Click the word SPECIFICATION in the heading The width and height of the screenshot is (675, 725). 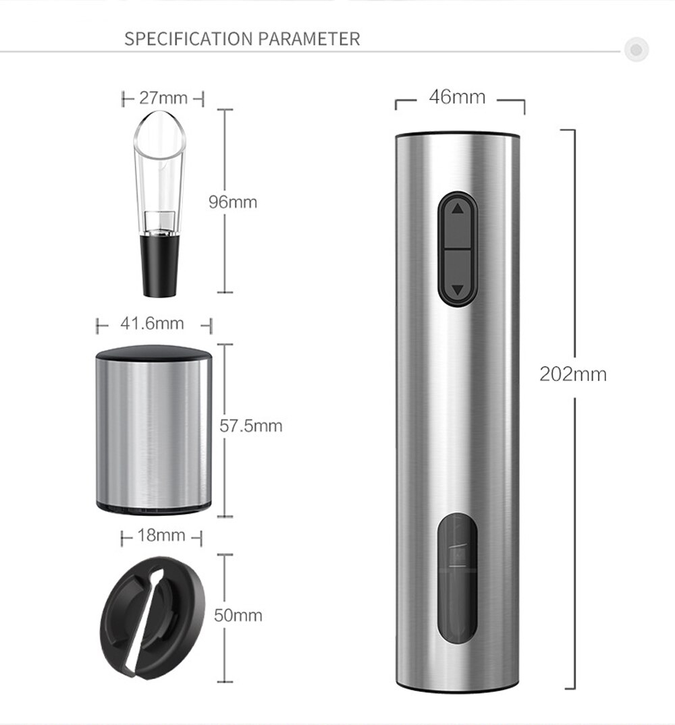pos(189,39)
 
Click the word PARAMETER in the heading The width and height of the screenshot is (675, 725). pos(308,39)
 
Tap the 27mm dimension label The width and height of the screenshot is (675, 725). pos(163,98)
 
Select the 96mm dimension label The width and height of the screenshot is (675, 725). pos(233,202)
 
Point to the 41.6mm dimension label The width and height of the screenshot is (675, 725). pos(152,323)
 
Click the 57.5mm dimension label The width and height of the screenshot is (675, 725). pos(250,426)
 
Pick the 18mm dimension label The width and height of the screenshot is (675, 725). pos(161,535)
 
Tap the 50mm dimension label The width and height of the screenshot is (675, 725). pos(238,616)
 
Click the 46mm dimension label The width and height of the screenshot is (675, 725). pos(457,97)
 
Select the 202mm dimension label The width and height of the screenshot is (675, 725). pos(573,374)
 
